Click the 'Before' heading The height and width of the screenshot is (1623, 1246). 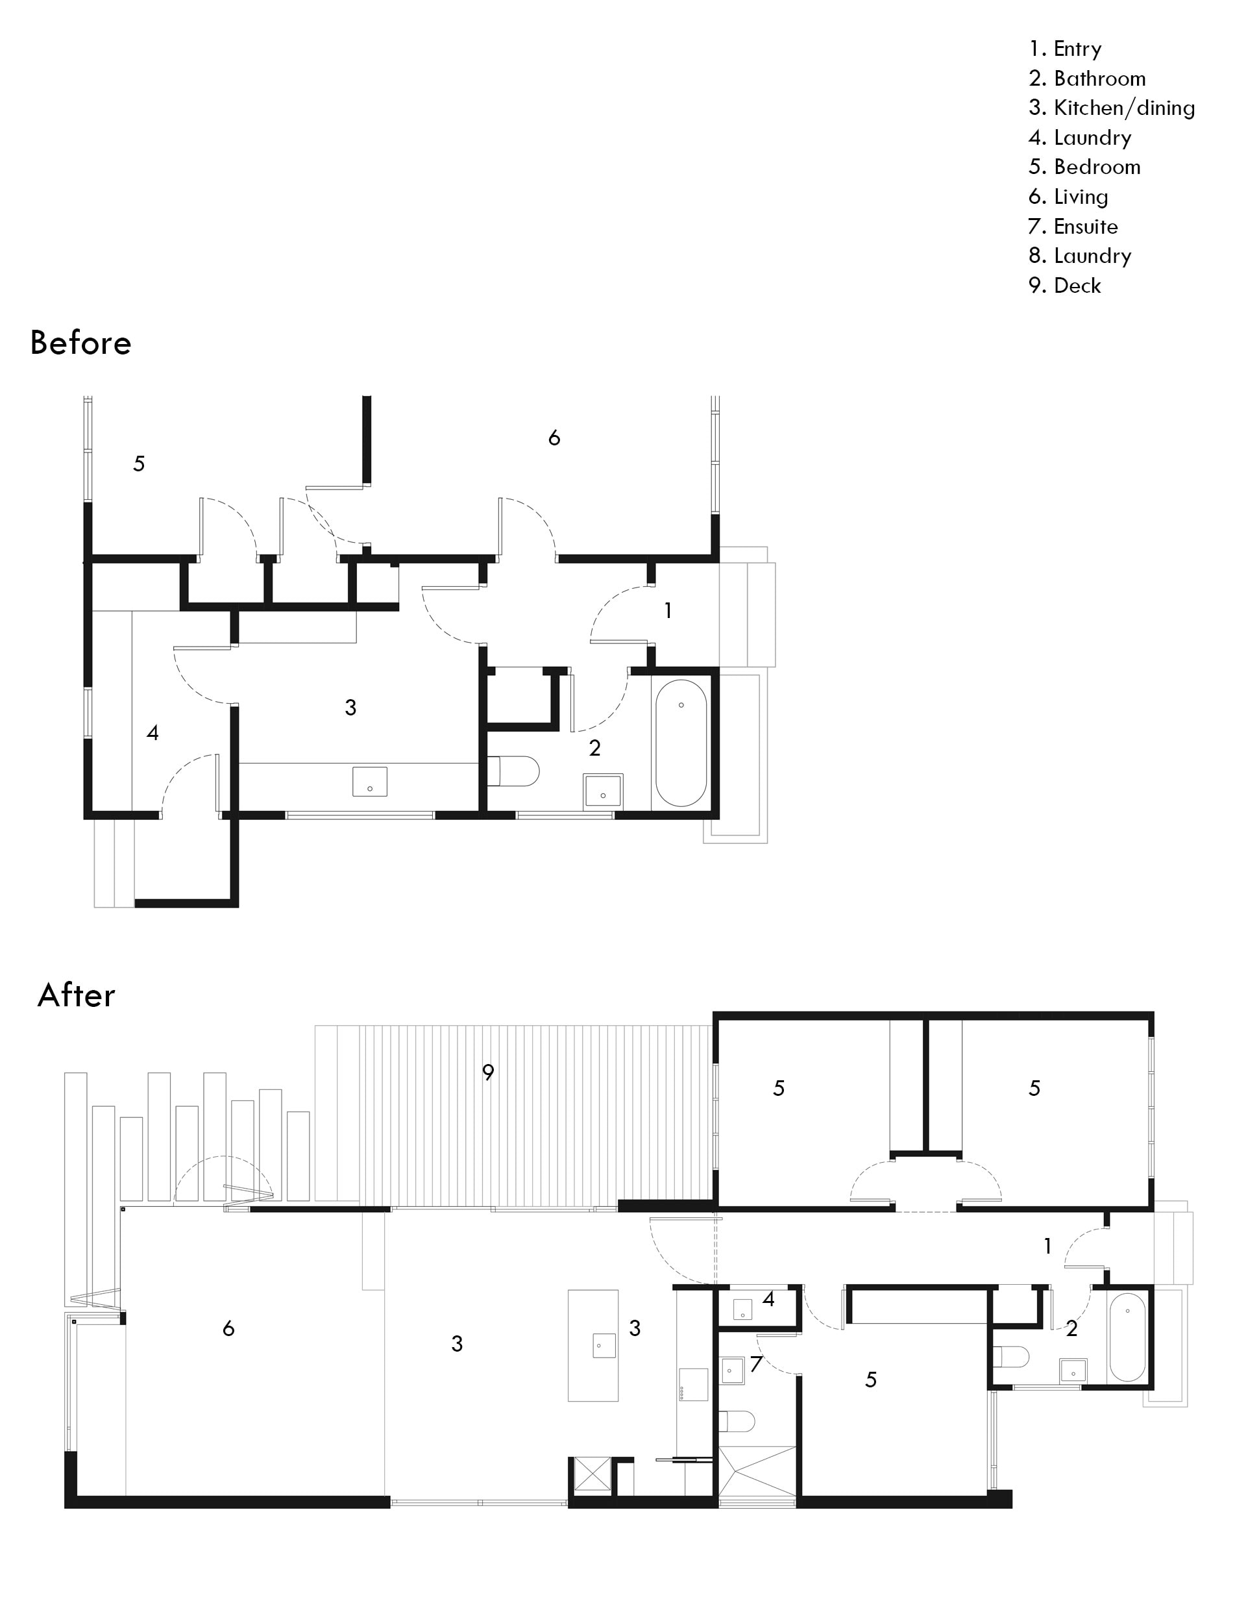[x=81, y=343]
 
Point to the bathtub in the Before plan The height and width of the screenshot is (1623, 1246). [x=681, y=743]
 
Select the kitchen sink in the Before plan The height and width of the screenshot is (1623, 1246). [x=369, y=781]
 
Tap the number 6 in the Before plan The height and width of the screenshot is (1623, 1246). [x=554, y=438]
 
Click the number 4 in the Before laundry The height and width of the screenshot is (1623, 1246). [x=153, y=733]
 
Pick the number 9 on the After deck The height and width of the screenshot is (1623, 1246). [x=488, y=1072]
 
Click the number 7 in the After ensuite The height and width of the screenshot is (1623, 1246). [x=756, y=1364]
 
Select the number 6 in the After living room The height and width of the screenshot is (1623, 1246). [x=228, y=1328]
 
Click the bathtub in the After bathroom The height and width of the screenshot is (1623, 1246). [x=1127, y=1337]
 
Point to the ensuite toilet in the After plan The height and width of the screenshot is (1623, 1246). [x=737, y=1421]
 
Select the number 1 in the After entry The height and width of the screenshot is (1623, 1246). [x=1047, y=1246]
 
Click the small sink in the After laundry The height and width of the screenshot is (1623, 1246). [x=743, y=1309]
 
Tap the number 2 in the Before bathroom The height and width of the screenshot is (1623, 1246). [x=595, y=749]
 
